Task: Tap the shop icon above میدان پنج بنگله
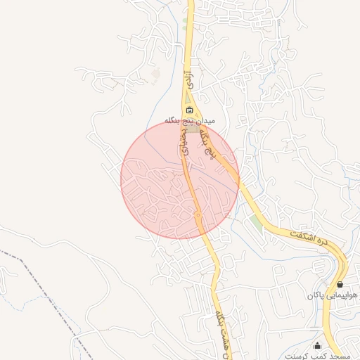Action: (189, 110)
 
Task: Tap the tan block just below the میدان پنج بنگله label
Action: (191, 129)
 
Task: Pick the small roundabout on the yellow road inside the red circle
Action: (198, 214)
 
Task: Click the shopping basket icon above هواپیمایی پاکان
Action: (340, 284)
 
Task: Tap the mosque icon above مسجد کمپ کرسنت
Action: (317, 345)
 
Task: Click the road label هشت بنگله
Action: (223, 328)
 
